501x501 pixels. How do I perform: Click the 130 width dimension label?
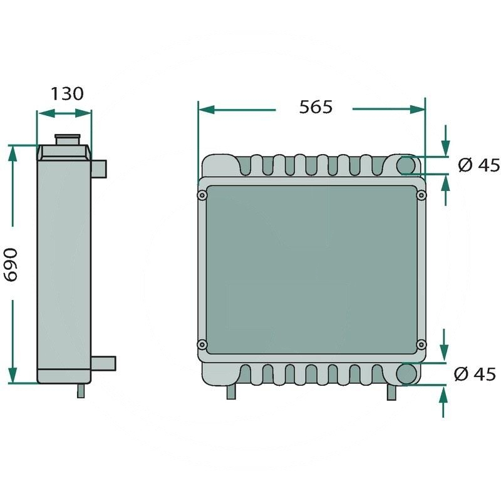pos(67,93)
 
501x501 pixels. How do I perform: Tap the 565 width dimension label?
pos(316,106)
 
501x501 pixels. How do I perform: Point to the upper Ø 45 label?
pos(478,165)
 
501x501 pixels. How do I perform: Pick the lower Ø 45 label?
pos(475,374)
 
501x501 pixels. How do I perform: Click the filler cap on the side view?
pos(68,140)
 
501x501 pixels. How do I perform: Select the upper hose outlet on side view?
pos(99,168)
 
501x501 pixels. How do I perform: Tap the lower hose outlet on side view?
pos(103,364)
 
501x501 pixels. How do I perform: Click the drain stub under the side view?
pos(81,390)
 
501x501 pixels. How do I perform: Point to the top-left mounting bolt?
pos(202,195)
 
